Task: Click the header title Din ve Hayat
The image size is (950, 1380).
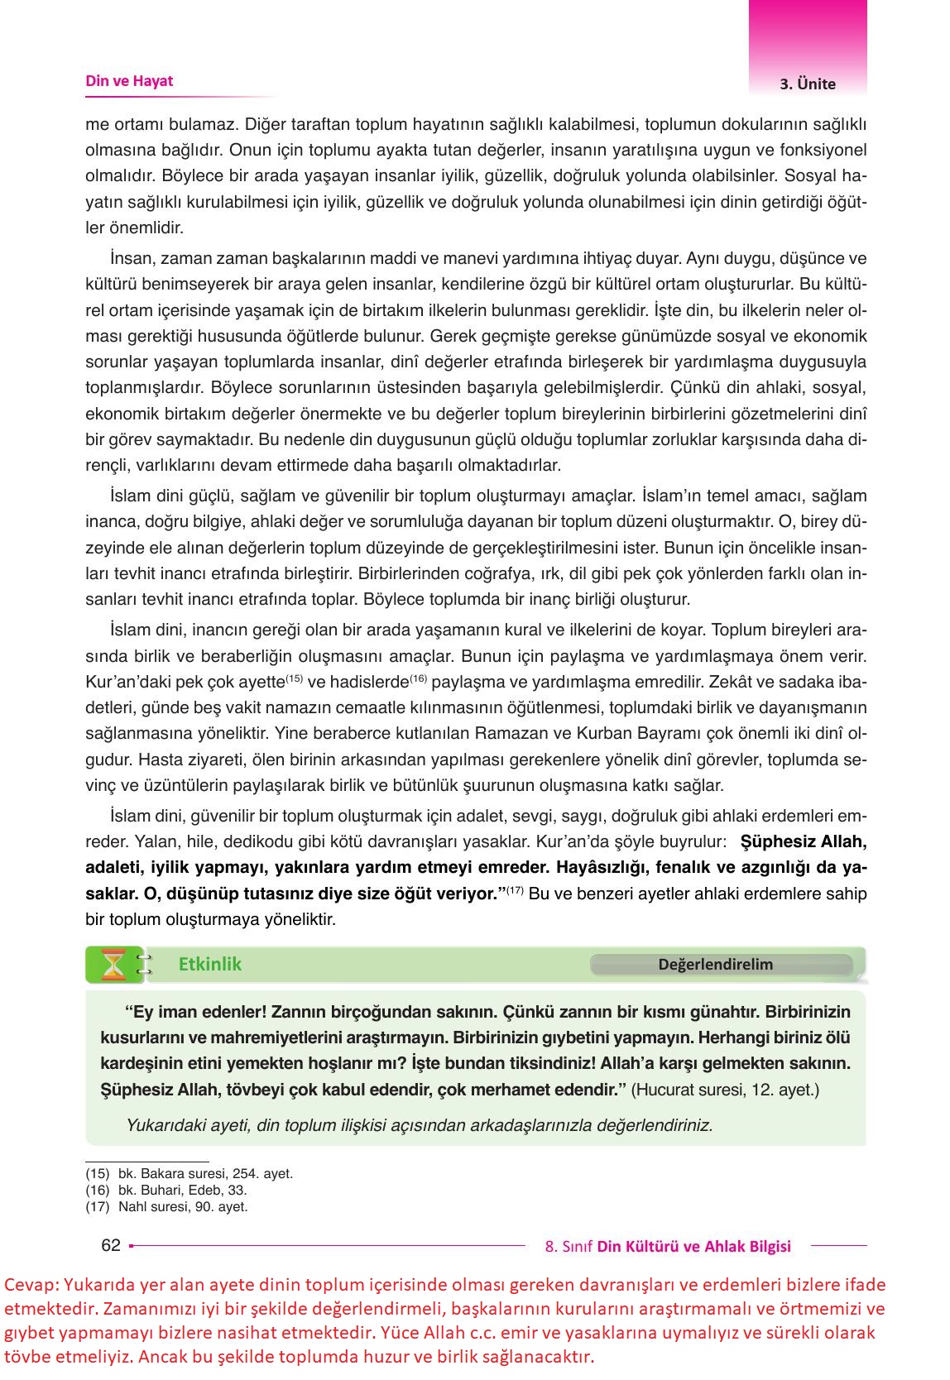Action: [x=129, y=81]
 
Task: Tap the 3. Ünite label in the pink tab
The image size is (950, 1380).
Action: [x=808, y=84]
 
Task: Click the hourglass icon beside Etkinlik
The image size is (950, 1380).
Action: [x=113, y=965]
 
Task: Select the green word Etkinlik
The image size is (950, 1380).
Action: [x=210, y=964]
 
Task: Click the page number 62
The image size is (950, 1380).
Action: [x=110, y=1245]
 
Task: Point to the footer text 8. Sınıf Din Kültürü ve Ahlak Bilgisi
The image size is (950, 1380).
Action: [x=668, y=1246]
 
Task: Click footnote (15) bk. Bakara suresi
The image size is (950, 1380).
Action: [x=190, y=1173]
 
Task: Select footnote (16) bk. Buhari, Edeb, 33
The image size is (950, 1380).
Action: [x=166, y=1190]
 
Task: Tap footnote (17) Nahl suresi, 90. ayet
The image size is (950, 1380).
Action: [x=166, y=1206]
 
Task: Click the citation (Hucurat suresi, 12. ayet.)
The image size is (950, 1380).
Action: [x=725, y=1089]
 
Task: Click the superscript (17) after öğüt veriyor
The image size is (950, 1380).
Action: [x=515, y=889]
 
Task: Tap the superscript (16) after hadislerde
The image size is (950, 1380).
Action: [x=418, y=678]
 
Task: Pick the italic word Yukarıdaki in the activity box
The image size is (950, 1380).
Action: [x=164, y=1125]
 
